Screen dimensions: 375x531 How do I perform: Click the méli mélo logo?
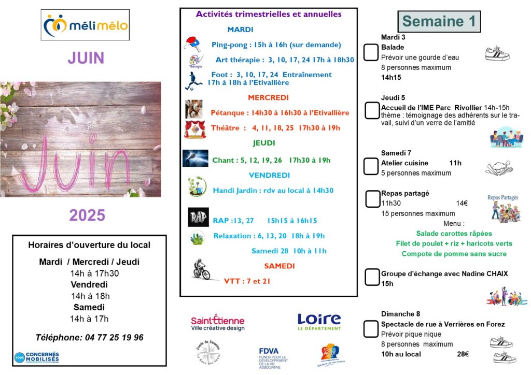[x=85, y=25]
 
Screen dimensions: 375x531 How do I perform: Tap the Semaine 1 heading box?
[x=439, y=21]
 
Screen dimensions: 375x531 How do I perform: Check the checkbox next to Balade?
[x=371, y=52]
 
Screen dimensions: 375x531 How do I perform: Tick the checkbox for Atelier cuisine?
[x=371, y=166]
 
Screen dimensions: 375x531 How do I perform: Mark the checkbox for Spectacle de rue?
[x=371, y=328]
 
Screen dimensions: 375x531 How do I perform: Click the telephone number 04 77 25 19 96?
[x=111, y=338]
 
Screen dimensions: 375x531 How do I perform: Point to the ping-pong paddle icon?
[x=193, y=44]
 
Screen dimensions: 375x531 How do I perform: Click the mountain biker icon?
[x=201, y=270]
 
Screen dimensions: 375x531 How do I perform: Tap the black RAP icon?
[x=198, y=218]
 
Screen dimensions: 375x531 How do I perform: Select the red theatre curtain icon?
[x=195, y=129]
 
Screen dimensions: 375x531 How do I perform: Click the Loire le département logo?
[x=319, y=322]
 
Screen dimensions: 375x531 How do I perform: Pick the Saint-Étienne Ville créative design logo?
[x=218, y=323]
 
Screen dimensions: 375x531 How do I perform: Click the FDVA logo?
[x=273, y=357]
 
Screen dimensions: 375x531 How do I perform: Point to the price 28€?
[x=463, y=354]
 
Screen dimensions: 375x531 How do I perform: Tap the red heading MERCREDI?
[x=268, y=97]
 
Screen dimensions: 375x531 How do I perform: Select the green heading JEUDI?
[x=264, y=143]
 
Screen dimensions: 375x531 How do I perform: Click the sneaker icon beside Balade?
[x=497, y=53]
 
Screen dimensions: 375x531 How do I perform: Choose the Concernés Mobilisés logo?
[x=37, y=357]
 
